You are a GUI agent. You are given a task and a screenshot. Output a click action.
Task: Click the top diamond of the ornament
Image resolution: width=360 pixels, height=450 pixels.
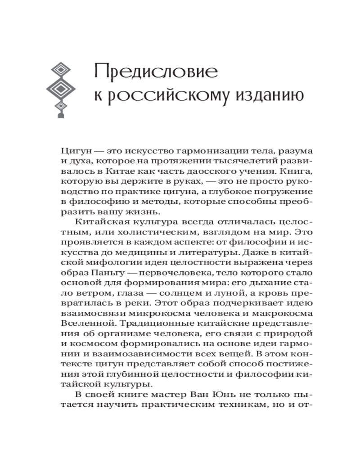coord(60,70)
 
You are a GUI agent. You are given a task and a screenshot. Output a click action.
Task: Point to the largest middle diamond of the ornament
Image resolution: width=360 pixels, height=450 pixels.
coord(60,87)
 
